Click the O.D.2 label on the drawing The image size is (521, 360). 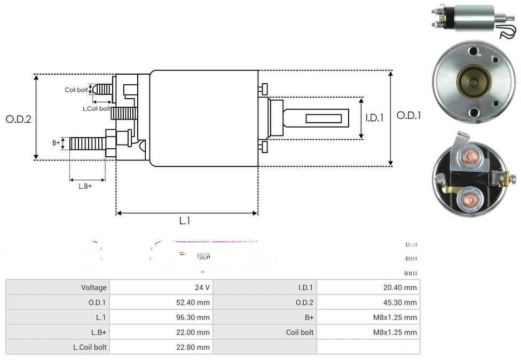(18, 119)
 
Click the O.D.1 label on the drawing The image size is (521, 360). (409, 115)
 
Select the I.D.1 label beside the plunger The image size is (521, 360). (374, 118)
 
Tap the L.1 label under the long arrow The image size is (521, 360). (184, 221)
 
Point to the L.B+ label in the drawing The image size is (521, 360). (85, 186)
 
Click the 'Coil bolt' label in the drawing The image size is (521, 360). (76, 90)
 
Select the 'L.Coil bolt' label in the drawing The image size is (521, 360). (96, 109)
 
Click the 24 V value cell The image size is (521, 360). (202, 287)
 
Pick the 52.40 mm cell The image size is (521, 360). (193, 302)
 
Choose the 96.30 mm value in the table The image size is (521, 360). (193, 317)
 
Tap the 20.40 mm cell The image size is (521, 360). (400, 287)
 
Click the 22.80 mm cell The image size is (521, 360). (193, 347)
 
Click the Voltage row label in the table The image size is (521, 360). (93, 287)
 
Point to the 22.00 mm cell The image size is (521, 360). (193, 332)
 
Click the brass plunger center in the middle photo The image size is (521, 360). (474, 82)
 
